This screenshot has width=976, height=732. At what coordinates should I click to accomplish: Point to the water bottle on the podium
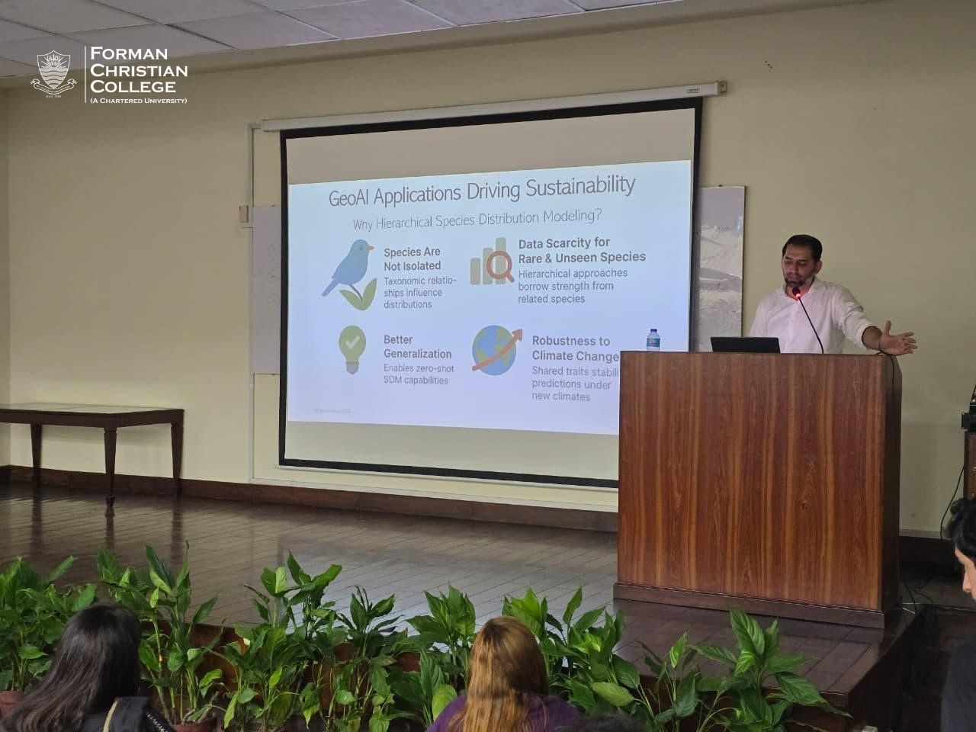pos(653,340)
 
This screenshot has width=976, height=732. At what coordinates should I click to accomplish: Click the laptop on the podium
pos(745,345)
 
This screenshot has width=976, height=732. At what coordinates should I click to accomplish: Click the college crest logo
pos(53,74)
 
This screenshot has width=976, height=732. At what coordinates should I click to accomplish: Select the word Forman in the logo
pos(129,54)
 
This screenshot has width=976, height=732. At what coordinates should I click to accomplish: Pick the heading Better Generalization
pos(417,347)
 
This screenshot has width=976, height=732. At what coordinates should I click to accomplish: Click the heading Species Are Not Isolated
pos(412,258)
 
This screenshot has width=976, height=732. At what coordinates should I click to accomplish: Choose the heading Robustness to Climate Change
pos(574,348)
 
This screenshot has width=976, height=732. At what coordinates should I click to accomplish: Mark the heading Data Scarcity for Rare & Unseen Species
pos(581,250)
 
